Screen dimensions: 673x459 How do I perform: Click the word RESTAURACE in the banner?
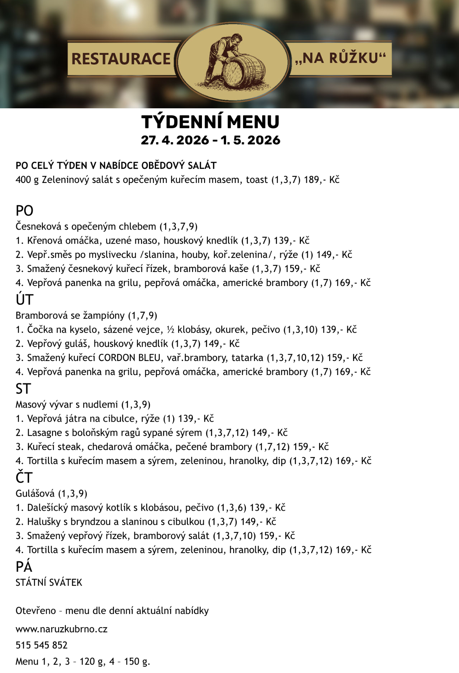coord(121,59)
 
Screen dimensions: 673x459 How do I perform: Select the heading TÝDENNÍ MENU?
coord(210,122)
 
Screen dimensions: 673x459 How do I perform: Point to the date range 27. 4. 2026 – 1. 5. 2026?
coord(210,140)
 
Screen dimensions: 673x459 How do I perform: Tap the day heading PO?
coord(25,211)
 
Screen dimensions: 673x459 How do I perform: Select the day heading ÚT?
coord(25,300)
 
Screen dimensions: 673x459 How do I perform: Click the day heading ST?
coord(23,389)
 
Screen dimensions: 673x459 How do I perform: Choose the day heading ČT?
coord(24,478)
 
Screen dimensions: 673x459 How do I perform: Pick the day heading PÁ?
coord(24,567)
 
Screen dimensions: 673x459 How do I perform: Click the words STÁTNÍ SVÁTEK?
coord(49,583)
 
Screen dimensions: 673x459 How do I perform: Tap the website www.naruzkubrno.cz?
coord(61,629)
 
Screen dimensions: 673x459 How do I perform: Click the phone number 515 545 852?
coord(41,645)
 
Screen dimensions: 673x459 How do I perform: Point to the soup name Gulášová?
coord(35,494)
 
